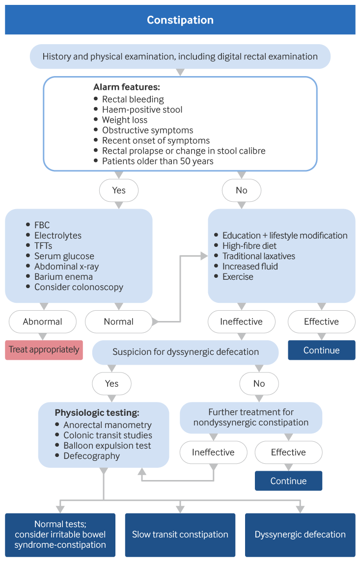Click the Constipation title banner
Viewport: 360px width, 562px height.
coord(180,20)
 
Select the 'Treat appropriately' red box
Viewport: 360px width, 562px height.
coord(44,350)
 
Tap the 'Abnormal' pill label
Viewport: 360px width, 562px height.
coord(42,322)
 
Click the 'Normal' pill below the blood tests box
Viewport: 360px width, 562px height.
coord(118,322)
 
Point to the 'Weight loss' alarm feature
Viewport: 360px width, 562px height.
coord(124,120)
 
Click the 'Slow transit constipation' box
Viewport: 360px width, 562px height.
coord(180,535)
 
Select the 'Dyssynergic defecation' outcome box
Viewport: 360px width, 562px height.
coord(300,535)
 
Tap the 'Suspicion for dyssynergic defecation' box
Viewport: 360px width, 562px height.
coord(185,352)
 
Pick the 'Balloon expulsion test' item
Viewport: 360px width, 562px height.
coord(107,446)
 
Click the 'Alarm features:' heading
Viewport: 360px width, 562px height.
coord(126,87)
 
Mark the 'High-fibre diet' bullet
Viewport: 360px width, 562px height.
coord(249,246)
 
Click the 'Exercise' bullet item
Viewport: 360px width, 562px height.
coord(238,277)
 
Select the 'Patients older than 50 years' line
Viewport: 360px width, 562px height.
coord(158,161)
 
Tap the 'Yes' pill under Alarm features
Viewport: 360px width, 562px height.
coord(119,190)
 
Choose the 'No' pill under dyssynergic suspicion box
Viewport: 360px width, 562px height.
coord(259,384)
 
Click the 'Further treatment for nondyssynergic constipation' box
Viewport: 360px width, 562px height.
coord(250,417)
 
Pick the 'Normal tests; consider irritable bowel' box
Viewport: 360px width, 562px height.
coord(60,535)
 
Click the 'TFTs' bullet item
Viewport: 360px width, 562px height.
coord(43,246)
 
